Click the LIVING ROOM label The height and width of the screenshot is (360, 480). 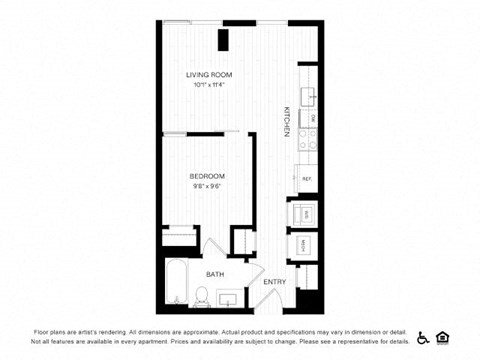point(209,75)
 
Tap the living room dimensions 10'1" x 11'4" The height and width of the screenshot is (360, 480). point(209,85)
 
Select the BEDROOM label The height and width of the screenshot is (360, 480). point(208,176)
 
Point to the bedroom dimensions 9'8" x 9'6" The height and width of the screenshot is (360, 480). point(208,186)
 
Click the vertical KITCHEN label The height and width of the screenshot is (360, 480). point(286,121)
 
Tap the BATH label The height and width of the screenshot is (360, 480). point(214,273)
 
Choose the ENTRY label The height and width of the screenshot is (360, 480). point(274,282)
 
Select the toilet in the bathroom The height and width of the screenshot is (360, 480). point(200,296)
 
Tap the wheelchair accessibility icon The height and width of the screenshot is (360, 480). point(422,337)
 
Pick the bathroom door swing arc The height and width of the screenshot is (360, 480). point(214,250)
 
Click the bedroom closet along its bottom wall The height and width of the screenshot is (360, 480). point(180,236)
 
